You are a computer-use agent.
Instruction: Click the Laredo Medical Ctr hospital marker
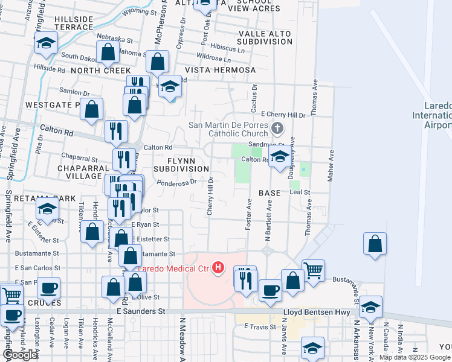[218, 268]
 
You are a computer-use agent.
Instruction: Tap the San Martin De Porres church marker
[277, 129]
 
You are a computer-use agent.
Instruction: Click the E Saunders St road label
[140, 311]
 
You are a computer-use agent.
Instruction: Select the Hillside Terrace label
[82, 24]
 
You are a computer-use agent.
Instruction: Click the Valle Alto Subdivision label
[265, 37]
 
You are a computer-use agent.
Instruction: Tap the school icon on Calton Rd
[279, 157]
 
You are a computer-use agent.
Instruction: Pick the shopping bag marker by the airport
[375, 244]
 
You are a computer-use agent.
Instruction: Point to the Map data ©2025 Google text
[415, 357]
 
